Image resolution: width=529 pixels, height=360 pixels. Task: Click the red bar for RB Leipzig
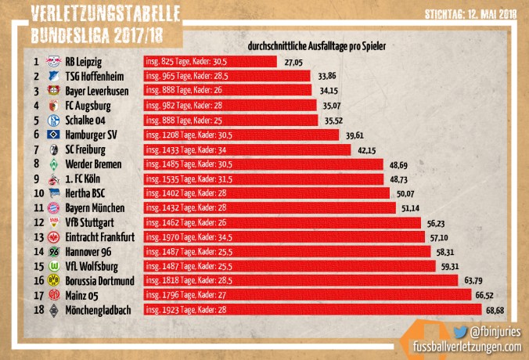210,61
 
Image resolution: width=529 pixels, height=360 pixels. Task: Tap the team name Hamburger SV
94,135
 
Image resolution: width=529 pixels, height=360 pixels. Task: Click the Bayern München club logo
54,208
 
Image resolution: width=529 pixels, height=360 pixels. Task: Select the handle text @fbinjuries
498,332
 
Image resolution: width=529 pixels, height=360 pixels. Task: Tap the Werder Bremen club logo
54,164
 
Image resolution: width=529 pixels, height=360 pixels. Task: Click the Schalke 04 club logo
54,120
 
